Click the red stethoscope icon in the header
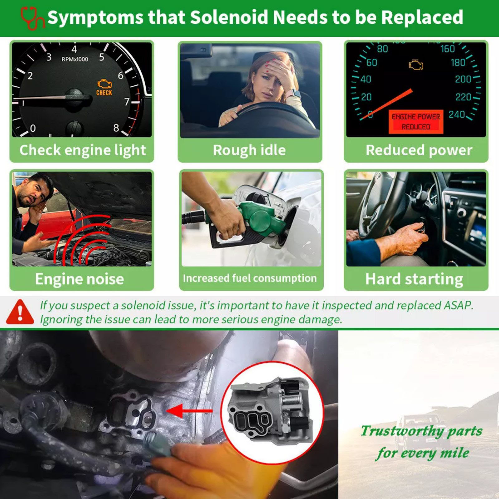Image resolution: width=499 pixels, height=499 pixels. pyautogui.click(x=32, y=18)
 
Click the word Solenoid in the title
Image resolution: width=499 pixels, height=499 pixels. pyautogui.click(x=229, y=17)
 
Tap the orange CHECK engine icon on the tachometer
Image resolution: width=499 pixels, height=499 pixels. pyautogui.click(x=104, y=87)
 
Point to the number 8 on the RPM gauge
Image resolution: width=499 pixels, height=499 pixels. pyautogui.click(x=116, y=128)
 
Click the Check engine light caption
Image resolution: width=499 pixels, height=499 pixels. pyautogui.click(x=83, y=150)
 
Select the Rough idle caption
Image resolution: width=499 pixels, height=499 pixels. pyautogui.click(x=249, y=150)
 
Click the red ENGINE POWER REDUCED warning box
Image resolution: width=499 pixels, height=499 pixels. pyautogui.click(x=416, y=122)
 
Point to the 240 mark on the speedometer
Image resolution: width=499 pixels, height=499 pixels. pyautogui.click(x=457, y=114)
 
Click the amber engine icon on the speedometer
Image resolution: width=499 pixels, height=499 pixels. pyautogui.click(x=416, y=65)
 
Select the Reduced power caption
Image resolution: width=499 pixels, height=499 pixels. pyautogui.click(x=419, y=150)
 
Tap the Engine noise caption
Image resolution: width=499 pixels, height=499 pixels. pyautogui.click(x=80, y=279)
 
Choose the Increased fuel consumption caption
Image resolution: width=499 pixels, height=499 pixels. pyautogui.click(x=250, y=278)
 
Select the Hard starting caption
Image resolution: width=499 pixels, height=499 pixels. pyautogui.click(x=414, y=279)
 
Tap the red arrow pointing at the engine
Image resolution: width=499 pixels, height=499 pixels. pyautogui.click(x=190, y=411)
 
